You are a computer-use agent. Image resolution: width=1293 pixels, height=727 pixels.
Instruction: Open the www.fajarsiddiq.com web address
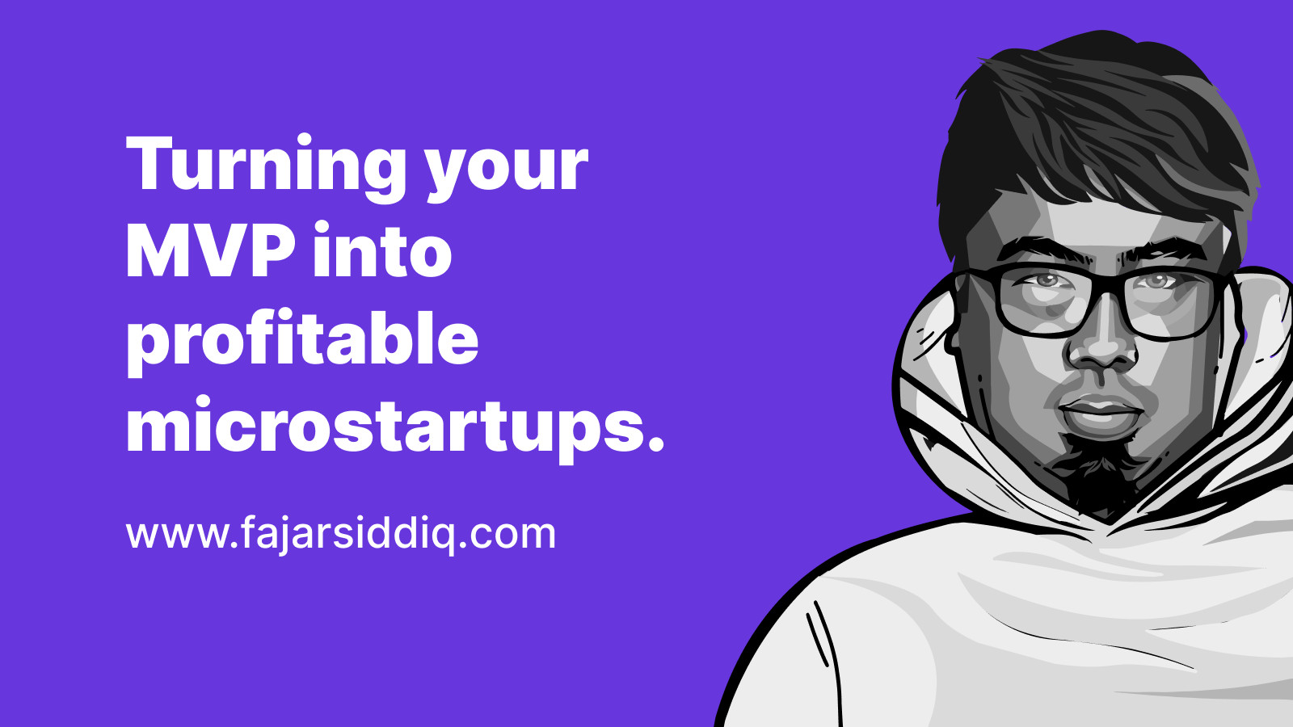coord(340,534)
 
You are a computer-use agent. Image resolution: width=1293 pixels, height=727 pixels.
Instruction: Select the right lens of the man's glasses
coord(1172,304)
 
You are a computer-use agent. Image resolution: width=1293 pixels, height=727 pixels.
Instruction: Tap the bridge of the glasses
coord(1107,292)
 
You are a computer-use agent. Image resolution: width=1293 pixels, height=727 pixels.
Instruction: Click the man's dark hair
coord(1097,127)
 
